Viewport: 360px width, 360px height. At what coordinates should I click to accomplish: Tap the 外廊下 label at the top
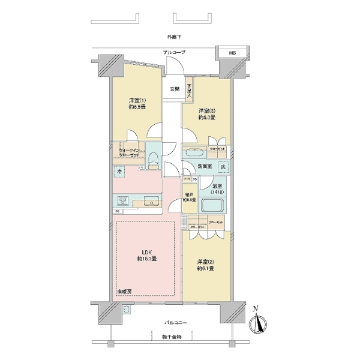pos(175,37)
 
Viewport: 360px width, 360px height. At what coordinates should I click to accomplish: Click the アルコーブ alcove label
pos(175,53)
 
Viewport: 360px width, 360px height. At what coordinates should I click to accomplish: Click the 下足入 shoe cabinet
pos(189,91)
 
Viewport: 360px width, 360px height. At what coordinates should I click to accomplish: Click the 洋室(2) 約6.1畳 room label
pos(206,265)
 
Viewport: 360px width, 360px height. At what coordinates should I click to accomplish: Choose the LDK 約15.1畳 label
pos(146,255)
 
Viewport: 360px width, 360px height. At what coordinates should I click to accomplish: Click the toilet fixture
pos(153,158)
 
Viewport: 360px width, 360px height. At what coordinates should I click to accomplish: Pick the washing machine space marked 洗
pos(223,167)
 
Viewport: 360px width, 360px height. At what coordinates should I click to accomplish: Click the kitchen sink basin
pos(150,201)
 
